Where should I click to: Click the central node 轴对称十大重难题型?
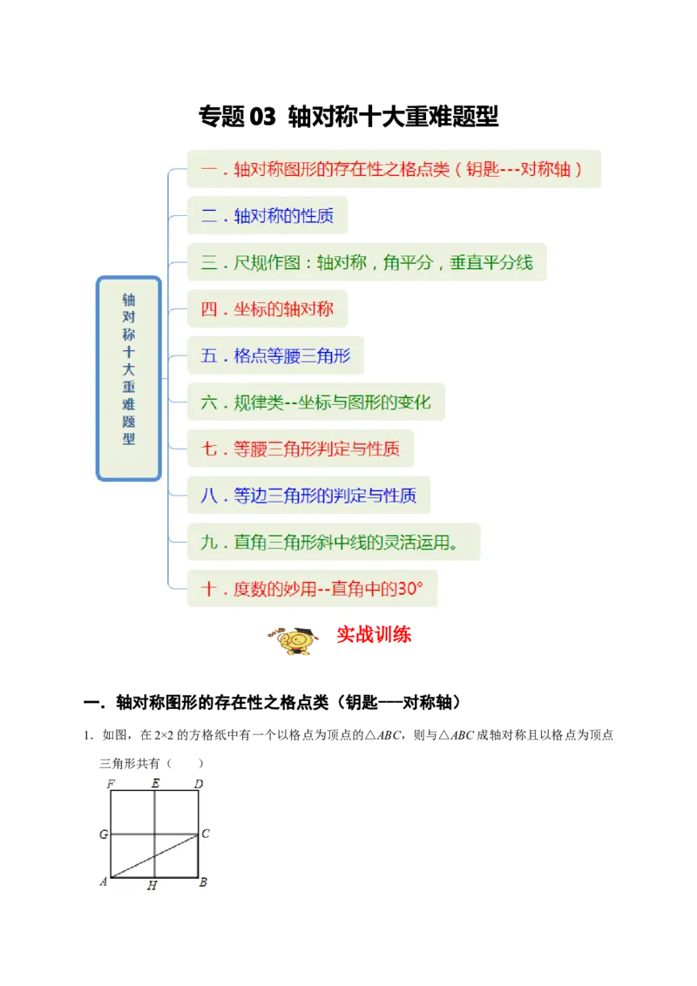pyautogui.click(x=129, y=378)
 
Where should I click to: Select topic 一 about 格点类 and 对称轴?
pyautogui.click(x=394, y=169)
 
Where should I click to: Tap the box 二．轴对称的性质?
pyautogui.click(x=267, y=215)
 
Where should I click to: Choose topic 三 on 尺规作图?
pyautogui.click(x=367, y=262)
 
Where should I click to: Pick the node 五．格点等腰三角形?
pyautogui.click(x=275, y=356)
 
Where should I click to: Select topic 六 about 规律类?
pyautogui.click(x=315, y=402)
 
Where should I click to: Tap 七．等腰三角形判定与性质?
pyautogui.click(x=301, y=449)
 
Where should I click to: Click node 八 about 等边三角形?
pyautogui.click(x=308, y=496)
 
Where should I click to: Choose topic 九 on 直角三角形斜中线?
pyautogui.click(x=334, y=542)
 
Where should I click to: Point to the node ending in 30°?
pyautogui.click(x=312, y=589)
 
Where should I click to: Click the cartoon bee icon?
pyautogui.click(x=294, y=642)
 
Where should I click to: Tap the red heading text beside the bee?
pyautogui.click(x=374, y=636)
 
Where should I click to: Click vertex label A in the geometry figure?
pyautogui.click(x=104, y=882)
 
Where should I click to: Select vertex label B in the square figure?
pyautogui.click(x=203, y=882)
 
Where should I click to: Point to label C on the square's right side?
pyautogui.click(x=205, y=834)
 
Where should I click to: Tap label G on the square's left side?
pyautogui.click(x=104, y=834)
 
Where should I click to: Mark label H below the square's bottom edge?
pyautogui.click(x=152, y=886)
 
